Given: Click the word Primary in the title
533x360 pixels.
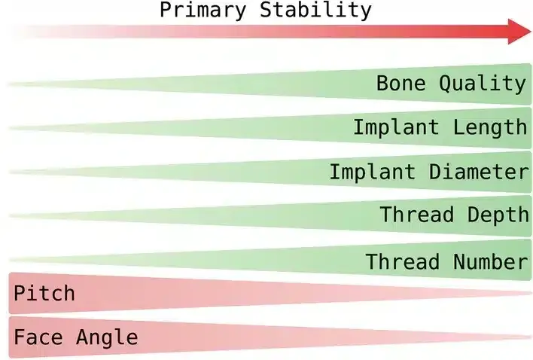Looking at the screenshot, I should (204, 10).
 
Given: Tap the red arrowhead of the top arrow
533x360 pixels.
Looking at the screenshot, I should (519, 32).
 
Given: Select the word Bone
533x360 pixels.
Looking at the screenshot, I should (401, 83).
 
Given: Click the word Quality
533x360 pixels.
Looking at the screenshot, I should (483, 84).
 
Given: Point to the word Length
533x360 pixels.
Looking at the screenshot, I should (490, 127).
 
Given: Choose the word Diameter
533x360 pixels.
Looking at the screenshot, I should (479, 171).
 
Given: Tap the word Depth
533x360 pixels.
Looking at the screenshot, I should (497, 215).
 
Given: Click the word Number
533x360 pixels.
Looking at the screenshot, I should (490, 261).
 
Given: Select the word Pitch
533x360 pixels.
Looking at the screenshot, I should (44, 292).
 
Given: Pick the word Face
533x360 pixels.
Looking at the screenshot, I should (38, 337).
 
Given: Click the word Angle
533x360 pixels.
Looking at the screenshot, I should (107, 337).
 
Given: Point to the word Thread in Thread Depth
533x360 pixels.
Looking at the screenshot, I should (416, 215).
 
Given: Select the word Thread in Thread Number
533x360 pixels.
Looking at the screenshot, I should (403, 261).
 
